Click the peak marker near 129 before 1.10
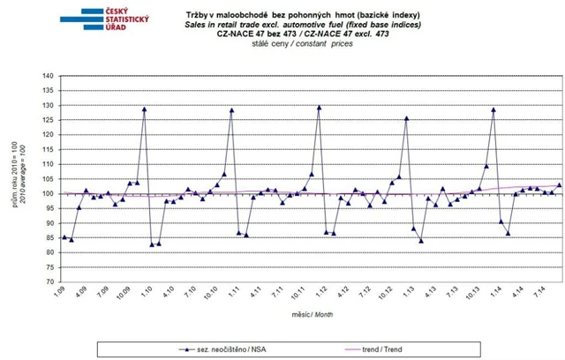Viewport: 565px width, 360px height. click(x=144, y=109)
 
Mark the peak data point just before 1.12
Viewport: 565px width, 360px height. click(x=319, y=108)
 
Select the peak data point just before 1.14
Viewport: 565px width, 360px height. click(x=493, y=109)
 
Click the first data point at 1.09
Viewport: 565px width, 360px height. click(x=64, y=237)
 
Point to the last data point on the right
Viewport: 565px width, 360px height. click(x=559, y=185)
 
